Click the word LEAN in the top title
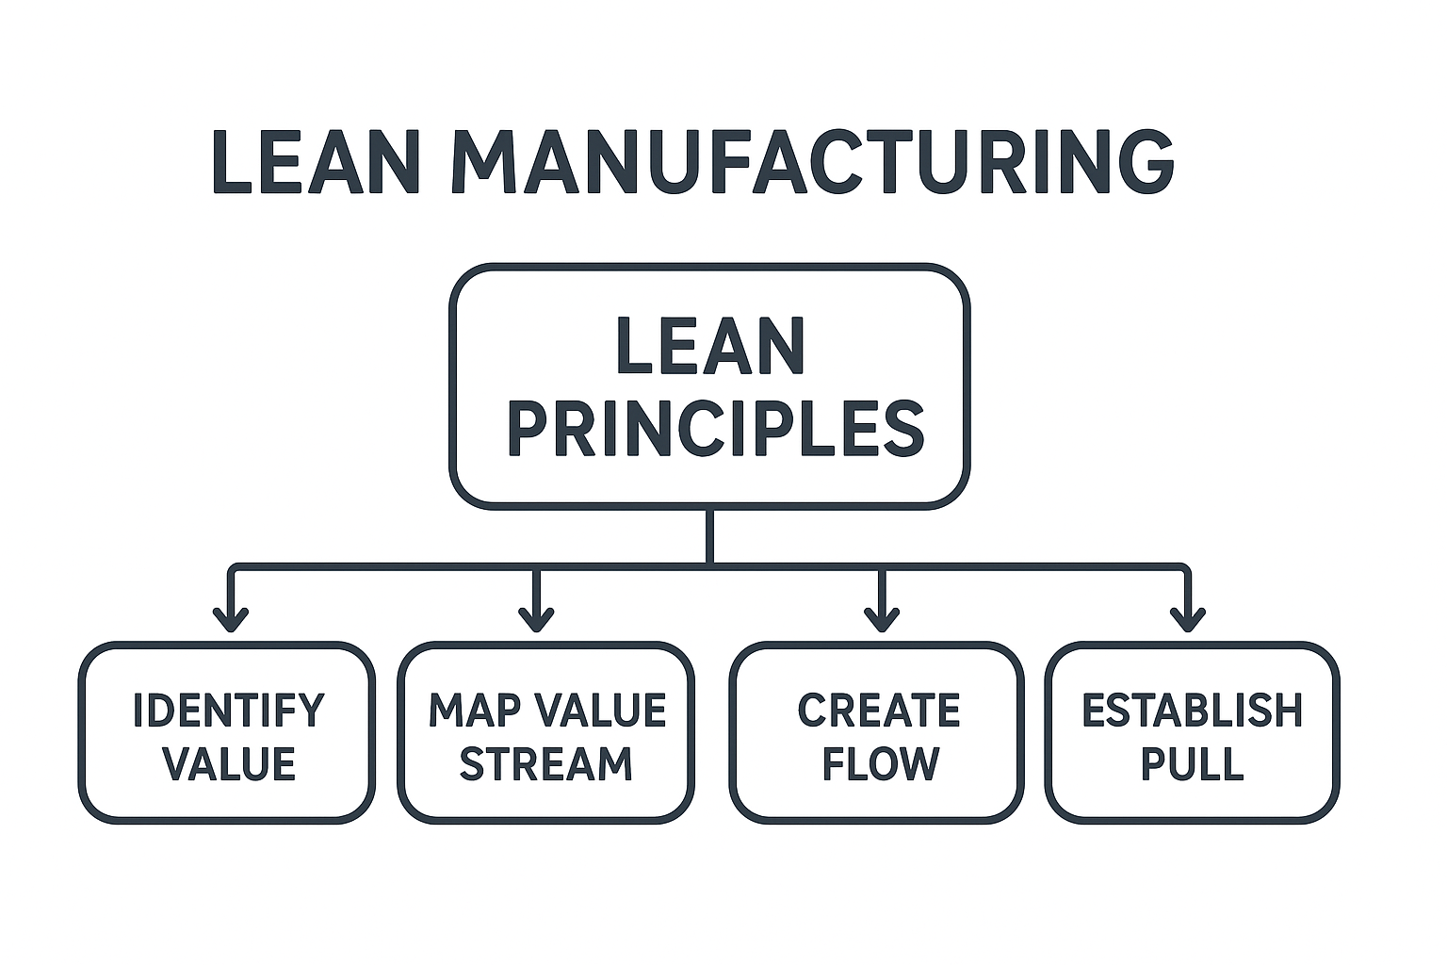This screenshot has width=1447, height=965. click(316, 162)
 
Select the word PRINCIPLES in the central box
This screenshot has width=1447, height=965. click(716, 429)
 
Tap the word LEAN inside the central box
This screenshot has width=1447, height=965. click(710, 347)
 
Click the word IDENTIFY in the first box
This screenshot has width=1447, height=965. click(228, 710)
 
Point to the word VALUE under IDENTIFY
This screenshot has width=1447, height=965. click(229, 764)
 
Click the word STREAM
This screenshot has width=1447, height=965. click(545, 764)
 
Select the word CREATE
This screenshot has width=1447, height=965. click(878, 710)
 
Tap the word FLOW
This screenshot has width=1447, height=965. click(880, 764)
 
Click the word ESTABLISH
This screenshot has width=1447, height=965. click(1192, 710)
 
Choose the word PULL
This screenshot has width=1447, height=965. click(1192, 764)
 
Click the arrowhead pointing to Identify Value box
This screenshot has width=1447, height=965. click(231, 620)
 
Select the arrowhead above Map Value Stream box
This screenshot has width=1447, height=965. click(536, 620)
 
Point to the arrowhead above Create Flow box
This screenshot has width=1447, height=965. click(882, 620)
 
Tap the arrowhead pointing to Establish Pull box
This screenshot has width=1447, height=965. click(1187, 620)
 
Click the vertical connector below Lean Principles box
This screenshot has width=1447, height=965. click(709, 534)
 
